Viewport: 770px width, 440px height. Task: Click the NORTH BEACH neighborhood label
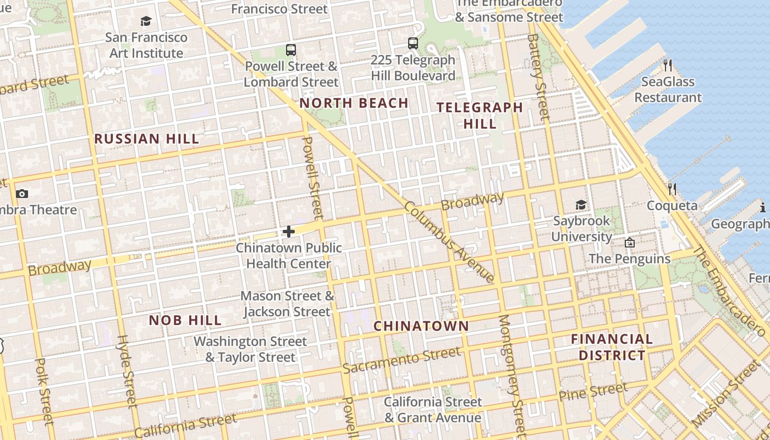pos(354,103)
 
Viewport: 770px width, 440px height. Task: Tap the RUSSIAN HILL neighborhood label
pos(146,139)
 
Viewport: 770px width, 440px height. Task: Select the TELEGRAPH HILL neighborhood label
pos(480,116)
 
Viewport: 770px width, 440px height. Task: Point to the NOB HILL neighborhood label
pos(185,320)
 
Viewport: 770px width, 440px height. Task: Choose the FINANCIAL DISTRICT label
pos(612,347)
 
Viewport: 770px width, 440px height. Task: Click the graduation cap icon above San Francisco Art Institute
pos(146,21)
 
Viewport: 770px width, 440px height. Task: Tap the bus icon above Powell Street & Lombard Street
pos(291,50)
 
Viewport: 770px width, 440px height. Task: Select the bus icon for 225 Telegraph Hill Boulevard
pos(413,43)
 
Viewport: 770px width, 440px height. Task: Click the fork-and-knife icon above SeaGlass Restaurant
pos(668,65)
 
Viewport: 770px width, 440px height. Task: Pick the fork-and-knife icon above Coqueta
pos(672,189)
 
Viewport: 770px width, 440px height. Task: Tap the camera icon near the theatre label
pos(22,194)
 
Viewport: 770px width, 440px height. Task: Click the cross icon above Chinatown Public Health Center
pos(288,232)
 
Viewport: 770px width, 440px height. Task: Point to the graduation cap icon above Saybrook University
pos(581,205)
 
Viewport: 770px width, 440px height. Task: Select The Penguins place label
pos(629,258)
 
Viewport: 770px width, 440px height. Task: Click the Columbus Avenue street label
pos(449,243)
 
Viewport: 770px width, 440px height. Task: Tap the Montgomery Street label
pos(512,374)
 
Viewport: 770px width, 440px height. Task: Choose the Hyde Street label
pos(126,372)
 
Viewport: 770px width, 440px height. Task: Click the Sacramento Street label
pos(401,360)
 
